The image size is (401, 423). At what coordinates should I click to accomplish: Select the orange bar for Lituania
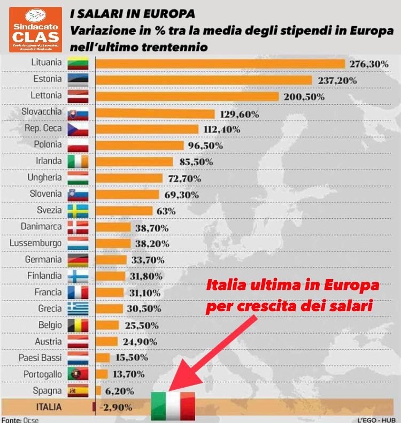tap(220, 64)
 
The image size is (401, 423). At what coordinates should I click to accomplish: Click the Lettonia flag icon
tap(78, 97)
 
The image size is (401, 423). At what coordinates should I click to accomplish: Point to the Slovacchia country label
tap(42, 113)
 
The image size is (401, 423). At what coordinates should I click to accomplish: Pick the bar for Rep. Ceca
tap(147, 129)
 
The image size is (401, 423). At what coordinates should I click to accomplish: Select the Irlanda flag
tap(78, 161)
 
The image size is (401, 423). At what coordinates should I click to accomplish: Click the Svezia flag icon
tap(78, 211)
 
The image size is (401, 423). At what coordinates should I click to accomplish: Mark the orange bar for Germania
tap(111, 260)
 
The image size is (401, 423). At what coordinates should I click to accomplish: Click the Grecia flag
tap(78, 309)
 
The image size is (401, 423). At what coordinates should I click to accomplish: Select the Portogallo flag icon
tap(78, 374)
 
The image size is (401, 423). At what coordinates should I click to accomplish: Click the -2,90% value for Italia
tap(117, 407)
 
